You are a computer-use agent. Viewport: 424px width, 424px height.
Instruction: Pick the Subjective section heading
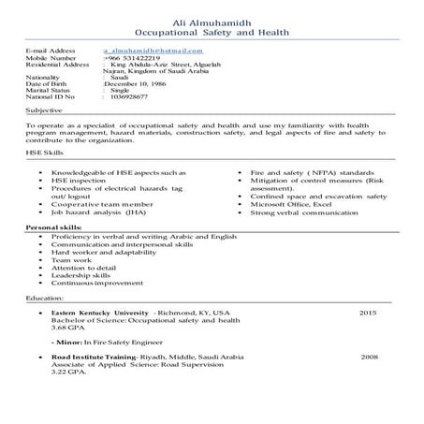pos(44,110)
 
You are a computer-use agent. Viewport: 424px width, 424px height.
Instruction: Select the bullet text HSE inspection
pos(77,182)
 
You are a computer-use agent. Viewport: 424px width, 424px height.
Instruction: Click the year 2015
pos(368,312)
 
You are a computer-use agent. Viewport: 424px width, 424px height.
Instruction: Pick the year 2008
pos(370,357)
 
